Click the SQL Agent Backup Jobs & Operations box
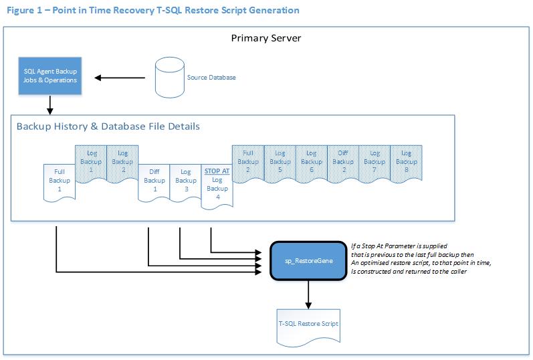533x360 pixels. [50, 76]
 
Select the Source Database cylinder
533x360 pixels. [169, 77]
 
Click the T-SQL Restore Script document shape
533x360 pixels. [309, 325]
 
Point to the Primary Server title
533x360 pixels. [266, 38]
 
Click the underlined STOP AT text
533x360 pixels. [217, 171]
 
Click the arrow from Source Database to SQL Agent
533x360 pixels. [120, 78]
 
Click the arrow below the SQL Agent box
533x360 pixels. [50, 104]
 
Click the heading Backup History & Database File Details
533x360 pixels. [108, 126]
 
